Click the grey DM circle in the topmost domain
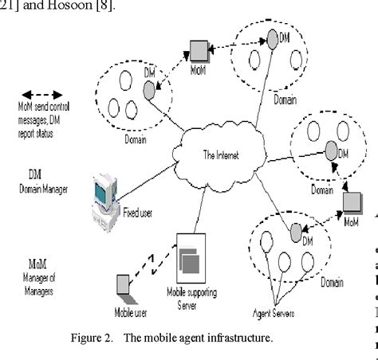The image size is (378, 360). coord(273,37)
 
